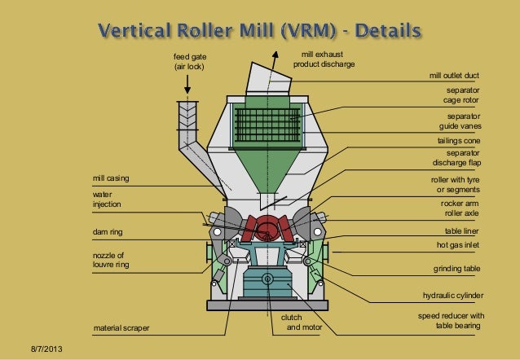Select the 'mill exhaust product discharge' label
pyautogui.click(x=324, y=59)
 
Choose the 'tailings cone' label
pyautogui.click(x=460, y=140)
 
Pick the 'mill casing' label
pyautogui.click(x=112, y=178)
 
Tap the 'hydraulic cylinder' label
pyautogui.click(x=452, y=296)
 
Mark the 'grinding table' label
pyautogui.click(x=456, y=268)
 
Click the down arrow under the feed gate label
pyautogui.click(x=189, y=85)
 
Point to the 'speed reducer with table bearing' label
pyautogui.click(x=451, y=321)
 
